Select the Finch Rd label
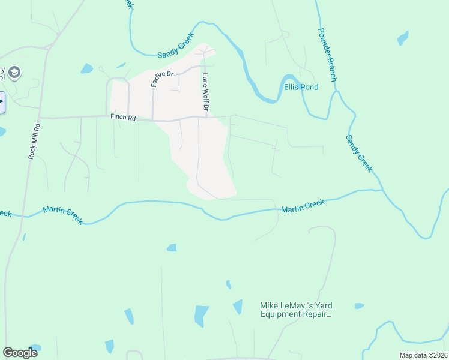(x=122, y=117)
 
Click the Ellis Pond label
(x=301, y=87)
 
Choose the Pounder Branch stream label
(x=327, y=55)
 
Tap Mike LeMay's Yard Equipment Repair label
(x=296, y=310)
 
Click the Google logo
(x=20, y=352)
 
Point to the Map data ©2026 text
(x=423, y=355)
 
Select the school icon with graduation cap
(x=15, y=73)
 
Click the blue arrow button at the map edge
(x=2, y=102)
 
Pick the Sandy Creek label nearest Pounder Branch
(x=359, y=153)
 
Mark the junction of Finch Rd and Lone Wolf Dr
(x=207, y=117)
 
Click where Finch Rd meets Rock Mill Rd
(x=40, y=118)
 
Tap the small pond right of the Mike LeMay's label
(x=359, y=306)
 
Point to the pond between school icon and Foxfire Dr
(x=87, y=68)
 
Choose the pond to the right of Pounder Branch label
(x=403, y=38)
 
